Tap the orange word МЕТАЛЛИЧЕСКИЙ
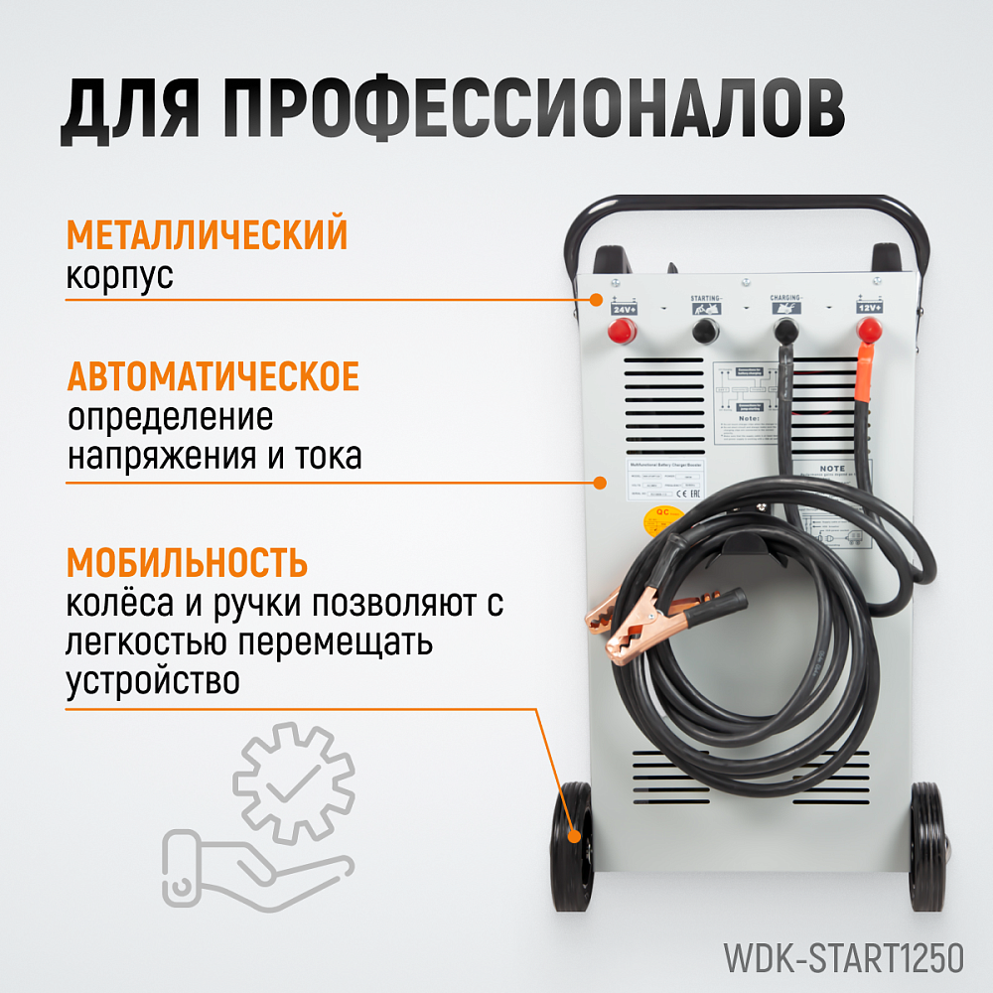[207, 236]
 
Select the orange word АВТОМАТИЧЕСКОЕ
[213, 378]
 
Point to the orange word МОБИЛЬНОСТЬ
[187, 563]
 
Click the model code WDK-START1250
[843, 959]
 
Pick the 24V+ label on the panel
[625, 309]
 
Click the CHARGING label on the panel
[785, 297]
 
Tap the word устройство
[153, 682]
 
